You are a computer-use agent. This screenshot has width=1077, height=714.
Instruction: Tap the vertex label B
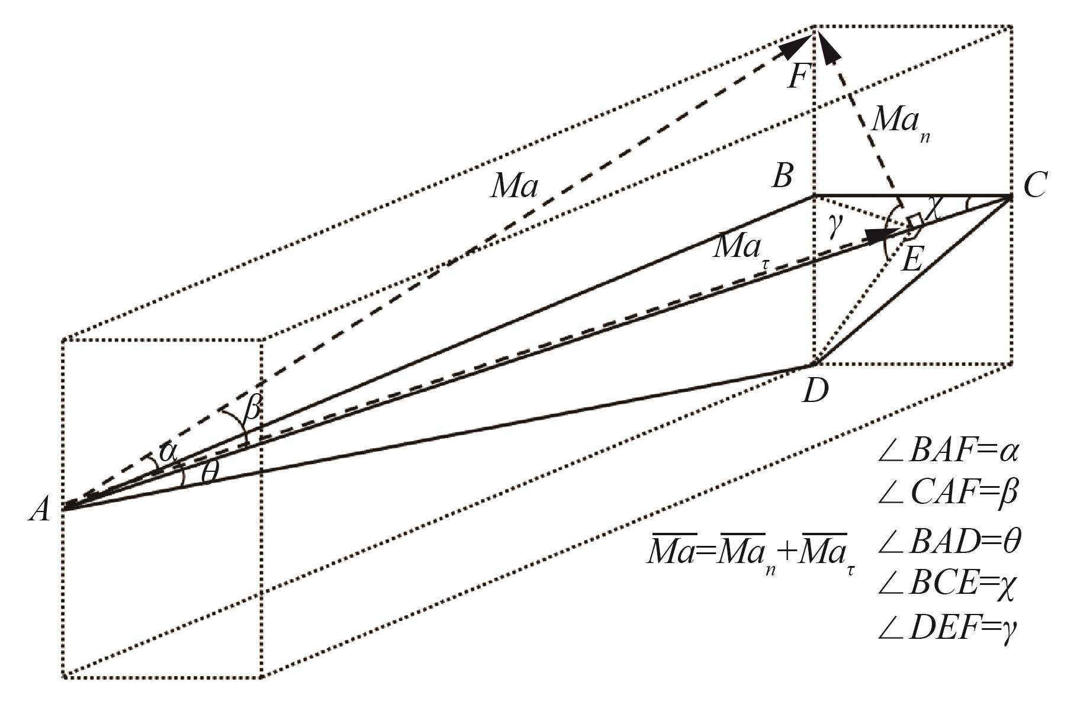pyautogui.click(x=782, y=176)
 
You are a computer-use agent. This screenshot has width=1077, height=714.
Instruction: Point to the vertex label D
pyautogui.click(x=815, y=391)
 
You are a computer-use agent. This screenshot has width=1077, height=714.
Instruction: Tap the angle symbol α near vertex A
pyautogui.click(x=168, y=452)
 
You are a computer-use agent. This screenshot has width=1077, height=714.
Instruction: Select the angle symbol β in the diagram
pyautogui.click(x=251, y=409)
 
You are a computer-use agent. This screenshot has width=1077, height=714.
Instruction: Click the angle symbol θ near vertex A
pyautogui.click(x=208, y=474)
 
